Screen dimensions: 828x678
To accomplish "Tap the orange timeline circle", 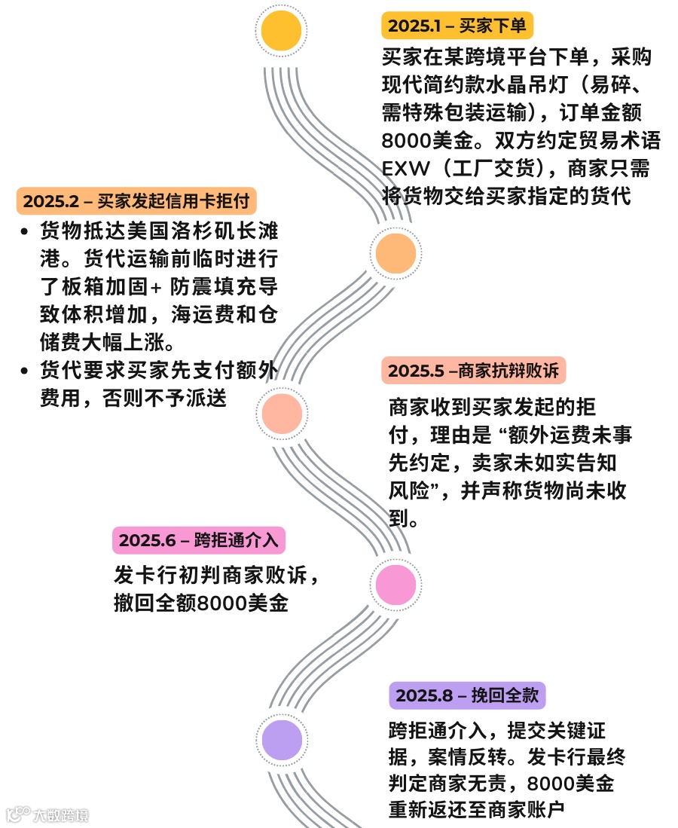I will point(395,253).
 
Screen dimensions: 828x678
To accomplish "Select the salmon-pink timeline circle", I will point(282,413).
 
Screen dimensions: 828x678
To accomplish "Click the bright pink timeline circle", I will point(395,582).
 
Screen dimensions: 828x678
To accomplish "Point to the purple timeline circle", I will point(282,739).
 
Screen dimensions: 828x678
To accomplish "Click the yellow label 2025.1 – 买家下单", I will point(457,26).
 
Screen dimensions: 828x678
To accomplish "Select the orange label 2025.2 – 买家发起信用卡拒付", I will point(136,201).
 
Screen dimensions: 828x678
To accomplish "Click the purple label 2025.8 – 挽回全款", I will point(467,695).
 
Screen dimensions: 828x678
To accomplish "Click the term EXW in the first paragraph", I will point(405,167).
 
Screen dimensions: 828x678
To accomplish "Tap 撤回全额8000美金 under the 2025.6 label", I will point(201,603).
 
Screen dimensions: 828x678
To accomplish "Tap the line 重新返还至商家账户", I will point(476,809).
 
